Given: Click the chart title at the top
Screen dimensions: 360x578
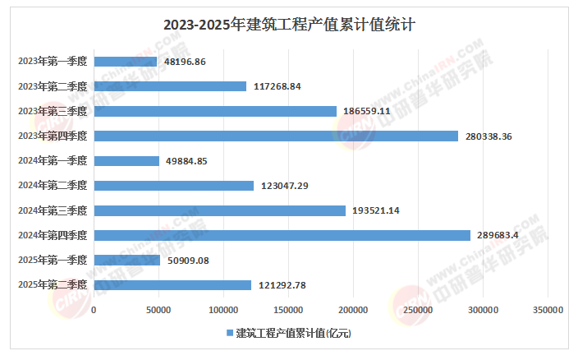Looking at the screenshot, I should click(289, 25).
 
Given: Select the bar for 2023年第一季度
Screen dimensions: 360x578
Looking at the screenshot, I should click(126, 62).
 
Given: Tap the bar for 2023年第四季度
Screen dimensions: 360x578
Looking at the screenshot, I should click(276, 136).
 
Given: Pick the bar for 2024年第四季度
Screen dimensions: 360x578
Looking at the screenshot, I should click(282, 236).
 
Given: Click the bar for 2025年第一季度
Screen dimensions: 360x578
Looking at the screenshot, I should click(127, 261).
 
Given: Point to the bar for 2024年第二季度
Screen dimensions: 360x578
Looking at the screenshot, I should click(174, 186).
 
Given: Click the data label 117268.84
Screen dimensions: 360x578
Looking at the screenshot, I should click(278, 86).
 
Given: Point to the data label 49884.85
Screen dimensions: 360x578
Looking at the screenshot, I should click(190, 161).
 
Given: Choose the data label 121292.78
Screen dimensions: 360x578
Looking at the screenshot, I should click(282, 285).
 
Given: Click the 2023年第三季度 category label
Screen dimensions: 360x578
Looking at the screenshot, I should click(52, 111).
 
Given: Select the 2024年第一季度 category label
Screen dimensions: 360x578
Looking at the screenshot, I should click(52, 161).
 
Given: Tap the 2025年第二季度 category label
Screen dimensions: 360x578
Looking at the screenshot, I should click(52, 285).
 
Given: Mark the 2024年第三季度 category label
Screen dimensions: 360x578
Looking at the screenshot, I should click(52, 211).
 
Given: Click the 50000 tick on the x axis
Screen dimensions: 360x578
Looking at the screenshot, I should click(158, 310).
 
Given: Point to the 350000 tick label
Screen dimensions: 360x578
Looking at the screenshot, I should click(548, 310).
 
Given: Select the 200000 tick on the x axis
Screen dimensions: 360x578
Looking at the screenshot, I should click(353, 310).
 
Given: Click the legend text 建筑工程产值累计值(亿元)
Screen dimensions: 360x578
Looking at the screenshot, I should click(293, 333).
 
